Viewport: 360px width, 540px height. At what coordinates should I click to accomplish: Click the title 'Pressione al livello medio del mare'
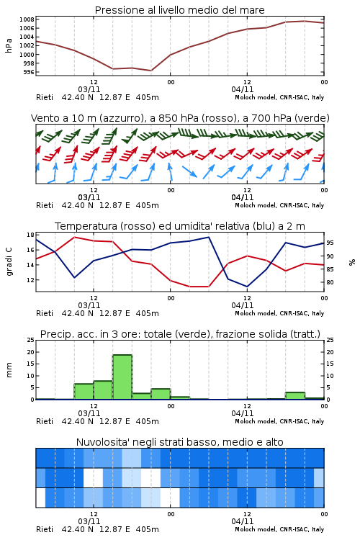pyautogui.click(x=179, y=10)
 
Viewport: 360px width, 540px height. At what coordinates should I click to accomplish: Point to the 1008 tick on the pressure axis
pyautogui.click(x=27, y=19)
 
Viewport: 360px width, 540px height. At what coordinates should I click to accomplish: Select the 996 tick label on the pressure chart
pyautogui.click(x=28, y=72)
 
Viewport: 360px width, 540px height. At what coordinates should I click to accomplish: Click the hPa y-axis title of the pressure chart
pyautogui.click(x=9, y=45)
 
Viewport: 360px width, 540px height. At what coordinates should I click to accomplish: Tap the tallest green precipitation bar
pyautogui.click(x=122, y=377)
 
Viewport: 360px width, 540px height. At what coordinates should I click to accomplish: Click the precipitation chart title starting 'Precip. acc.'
pyautogui.click(x=180, y=334)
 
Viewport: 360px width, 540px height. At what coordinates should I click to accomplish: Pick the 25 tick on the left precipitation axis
pyautogui.click(x=30, y=340)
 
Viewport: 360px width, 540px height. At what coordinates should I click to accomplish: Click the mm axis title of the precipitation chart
pyautogui.click(x=9, y=370)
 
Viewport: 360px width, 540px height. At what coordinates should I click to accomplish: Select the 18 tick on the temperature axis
pyautogui.click(x=30, y=235)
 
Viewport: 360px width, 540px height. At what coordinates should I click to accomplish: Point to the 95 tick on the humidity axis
pyautogui.click(x=330, y=243)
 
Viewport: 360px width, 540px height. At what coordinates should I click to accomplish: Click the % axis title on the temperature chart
pyautogui.click(x=352, y=262)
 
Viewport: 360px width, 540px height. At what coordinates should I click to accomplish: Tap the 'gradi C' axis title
pyautogui.click(x=9, y=262)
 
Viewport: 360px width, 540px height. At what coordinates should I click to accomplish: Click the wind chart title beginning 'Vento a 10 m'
pyautogui.click(x=180, y=118)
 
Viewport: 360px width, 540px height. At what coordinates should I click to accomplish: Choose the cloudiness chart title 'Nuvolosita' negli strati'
pyautogui.click(x=179, y=442)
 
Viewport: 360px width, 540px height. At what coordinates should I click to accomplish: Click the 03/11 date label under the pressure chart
pyautogui.click(x=89, y=89)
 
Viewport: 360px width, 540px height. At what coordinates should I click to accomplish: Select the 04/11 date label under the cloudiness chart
pyautogui.click(x=243, y=521)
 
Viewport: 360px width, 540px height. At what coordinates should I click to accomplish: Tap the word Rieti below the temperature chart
pyautogui.click(x=45, y=313)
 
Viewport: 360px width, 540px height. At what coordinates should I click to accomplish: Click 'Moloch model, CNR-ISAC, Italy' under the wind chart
pyautogui.click(x=279, y=205)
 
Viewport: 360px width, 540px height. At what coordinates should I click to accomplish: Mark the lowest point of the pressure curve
pyautogui.click(x=151, y=71)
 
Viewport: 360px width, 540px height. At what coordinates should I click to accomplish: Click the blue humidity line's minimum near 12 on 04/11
pyautogui.click(x=247, y=287)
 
